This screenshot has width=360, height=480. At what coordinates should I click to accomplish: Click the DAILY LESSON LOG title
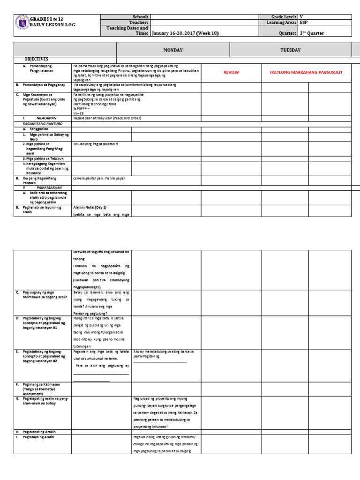point(53,24)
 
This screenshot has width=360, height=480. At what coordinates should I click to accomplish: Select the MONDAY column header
point(172,50)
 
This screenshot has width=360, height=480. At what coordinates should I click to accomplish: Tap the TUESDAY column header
point(290,50)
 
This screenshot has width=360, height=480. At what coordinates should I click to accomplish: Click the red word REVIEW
point(231,73)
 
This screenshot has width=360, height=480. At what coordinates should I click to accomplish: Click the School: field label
point(140,16)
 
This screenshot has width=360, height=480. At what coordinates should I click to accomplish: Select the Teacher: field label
point(139,22)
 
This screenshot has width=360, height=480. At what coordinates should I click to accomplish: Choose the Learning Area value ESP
point(304,22)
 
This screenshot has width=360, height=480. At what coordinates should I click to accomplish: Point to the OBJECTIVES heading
point(37,60)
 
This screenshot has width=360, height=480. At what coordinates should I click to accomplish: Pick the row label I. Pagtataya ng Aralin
point(37,437)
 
